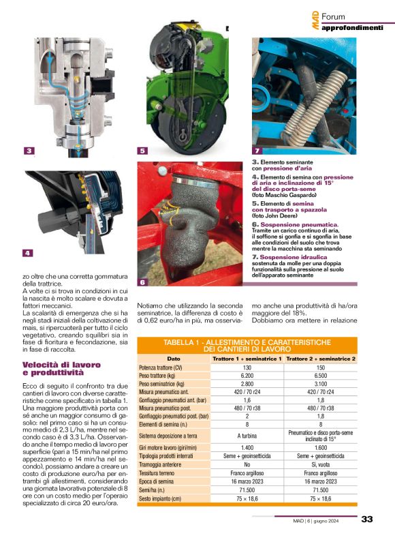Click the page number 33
(x=367, y=520)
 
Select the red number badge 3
(x=29, y=151)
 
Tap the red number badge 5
(x=142, y=151)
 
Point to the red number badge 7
(x=257, y=151)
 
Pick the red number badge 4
(x=27, y=253)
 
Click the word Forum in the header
(x=336, y=16)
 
